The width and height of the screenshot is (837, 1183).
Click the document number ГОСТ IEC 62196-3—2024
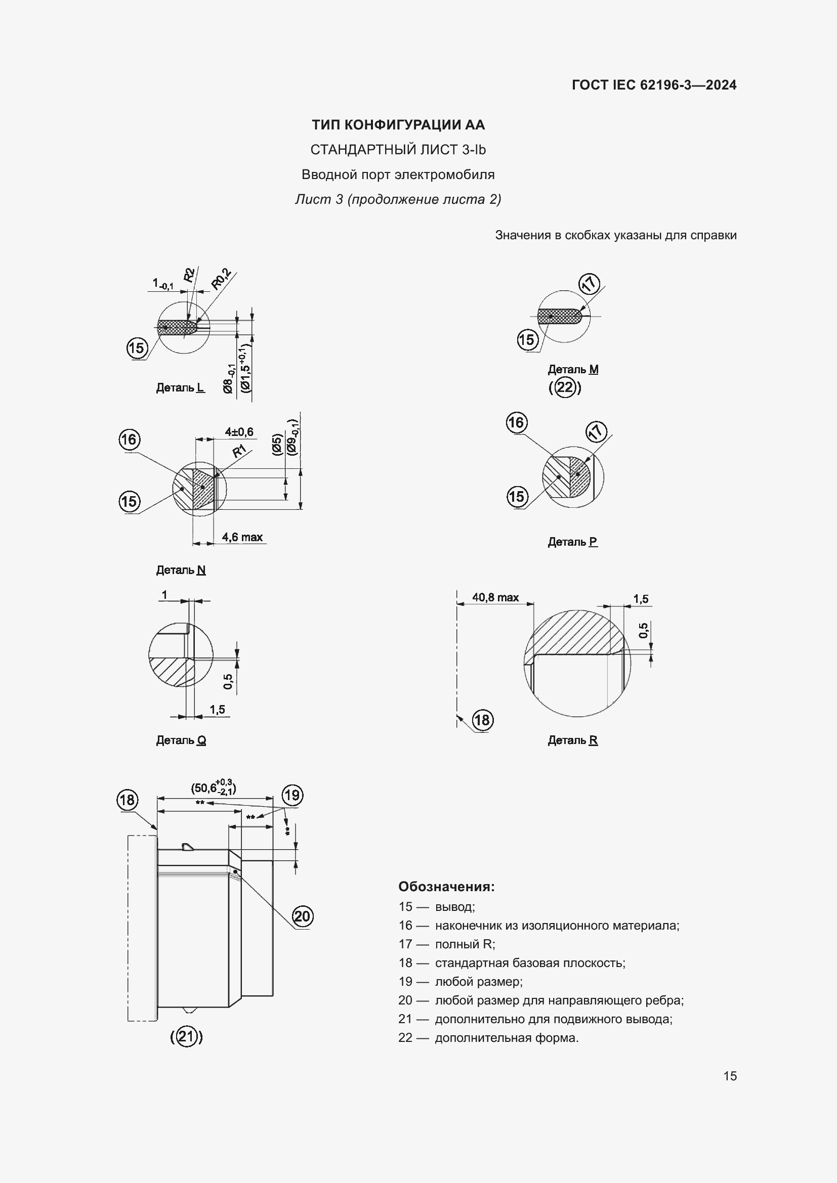(x=653, y=85)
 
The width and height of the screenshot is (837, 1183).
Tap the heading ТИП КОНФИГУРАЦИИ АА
(x=398, y=125)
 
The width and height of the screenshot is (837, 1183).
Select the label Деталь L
(x=180, y=387)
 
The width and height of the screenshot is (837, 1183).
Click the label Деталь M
(x=573, y=369)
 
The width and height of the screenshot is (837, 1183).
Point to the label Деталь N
(x=180, y=570)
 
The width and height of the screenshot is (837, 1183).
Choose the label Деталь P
(x=572, y=542)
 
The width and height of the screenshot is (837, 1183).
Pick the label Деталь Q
(x=180, y=740)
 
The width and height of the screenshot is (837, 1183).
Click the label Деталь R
(x=572, y=740)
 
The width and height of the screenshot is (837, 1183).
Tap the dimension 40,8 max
(x=495, y=597)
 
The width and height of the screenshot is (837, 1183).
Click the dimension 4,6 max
(x=242, y=538)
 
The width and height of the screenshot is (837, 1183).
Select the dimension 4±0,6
(x=239, y=432)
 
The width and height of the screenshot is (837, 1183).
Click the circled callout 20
(x=302, y=916)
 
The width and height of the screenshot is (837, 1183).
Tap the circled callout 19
(x=291, y=795)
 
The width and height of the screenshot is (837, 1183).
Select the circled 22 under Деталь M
(x=565, y=387)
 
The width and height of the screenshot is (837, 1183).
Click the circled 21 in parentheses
(x=187, y=1037)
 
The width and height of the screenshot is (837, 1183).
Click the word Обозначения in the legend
(x=446, y=887)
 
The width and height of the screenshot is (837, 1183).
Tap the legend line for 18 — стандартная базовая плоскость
(x=511, y=963)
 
